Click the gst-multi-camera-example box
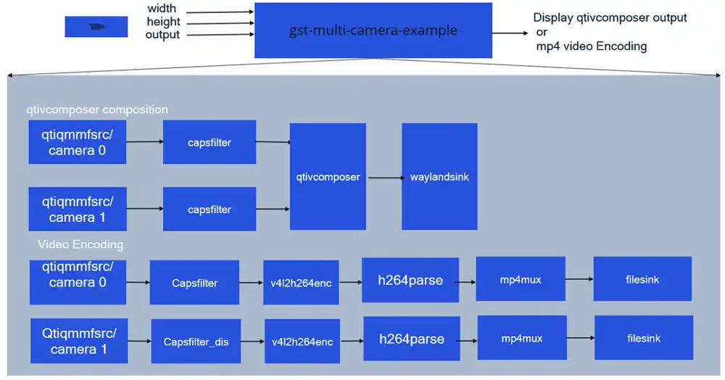[373, 31]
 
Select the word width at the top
[162, 9]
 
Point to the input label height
[163, 22]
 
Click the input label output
[162, 35]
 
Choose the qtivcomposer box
[328, 176]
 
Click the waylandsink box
[439, 176]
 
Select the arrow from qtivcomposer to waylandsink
[384, 177]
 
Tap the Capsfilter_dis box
[196, 341]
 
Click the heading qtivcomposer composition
[96, 110]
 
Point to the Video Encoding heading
[80, 244]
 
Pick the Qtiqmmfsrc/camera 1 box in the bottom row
[78, 340]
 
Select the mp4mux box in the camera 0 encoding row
[521, 279]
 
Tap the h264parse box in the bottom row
[411, 339]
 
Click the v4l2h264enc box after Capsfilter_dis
[302, 341]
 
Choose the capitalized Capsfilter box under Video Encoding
[194, 283]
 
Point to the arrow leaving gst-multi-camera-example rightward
[511, 33]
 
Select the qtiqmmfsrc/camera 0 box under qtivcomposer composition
[78, 142]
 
